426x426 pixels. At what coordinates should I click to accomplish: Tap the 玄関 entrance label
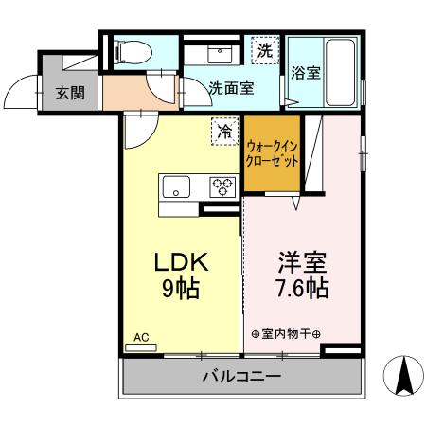click(66, 93)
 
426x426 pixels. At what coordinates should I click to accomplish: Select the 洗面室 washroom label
click(230, 88)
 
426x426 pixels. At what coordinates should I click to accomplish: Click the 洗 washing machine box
click(266, 51)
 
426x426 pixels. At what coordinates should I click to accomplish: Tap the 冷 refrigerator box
click(224, 131)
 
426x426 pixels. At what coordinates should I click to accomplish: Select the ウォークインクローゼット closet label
click(273, 153)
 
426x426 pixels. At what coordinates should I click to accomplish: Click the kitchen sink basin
click(176, 186)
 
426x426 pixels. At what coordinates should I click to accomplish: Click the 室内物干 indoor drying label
click(287, 334)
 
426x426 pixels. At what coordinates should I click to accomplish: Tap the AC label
click(141, 337)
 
